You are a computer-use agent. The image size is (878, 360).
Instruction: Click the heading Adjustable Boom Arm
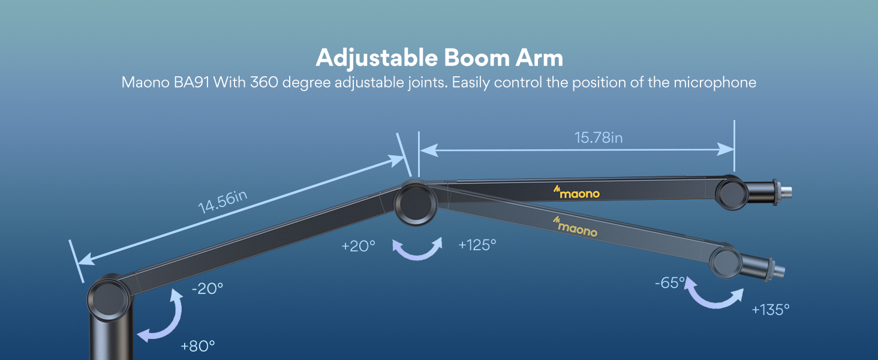coord(439,58)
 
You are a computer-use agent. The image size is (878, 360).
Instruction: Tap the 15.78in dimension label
coord(598,137)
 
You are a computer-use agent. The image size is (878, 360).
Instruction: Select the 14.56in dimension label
coord(222,202)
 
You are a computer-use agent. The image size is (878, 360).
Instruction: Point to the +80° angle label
coord(197,346)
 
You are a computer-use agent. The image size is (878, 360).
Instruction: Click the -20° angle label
coord(208,289)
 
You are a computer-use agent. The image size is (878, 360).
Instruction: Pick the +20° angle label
coord(358,246)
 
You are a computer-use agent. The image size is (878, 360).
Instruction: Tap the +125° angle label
coord(477,245)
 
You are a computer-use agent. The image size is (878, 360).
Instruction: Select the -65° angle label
coord(670,283)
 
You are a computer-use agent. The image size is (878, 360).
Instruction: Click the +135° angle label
coord(770,310)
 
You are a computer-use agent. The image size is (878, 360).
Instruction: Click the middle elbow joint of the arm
coord(416,203)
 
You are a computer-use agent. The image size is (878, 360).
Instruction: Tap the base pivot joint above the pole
coord(109,298)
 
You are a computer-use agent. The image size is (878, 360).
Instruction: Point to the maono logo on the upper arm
coord(576,192)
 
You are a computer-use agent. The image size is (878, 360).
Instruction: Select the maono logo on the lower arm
coord(575,227)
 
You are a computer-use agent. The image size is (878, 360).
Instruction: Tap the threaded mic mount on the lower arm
coord(773,270)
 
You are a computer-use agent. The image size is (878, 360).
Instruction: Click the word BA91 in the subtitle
coord(191,82)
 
